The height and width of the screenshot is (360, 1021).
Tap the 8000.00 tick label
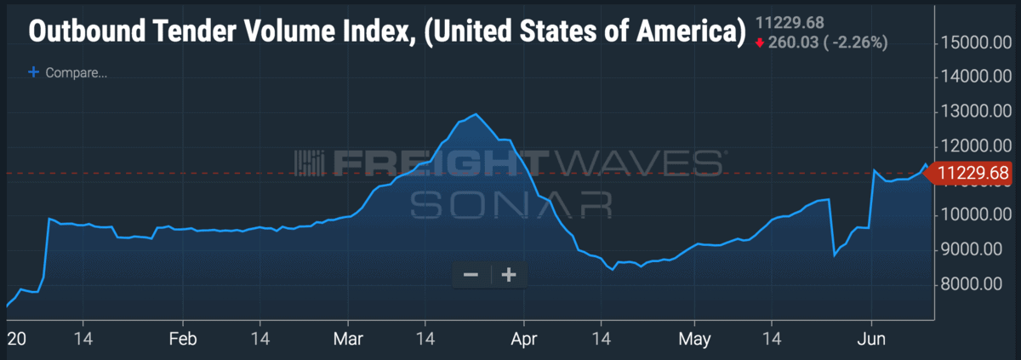pos(975,284)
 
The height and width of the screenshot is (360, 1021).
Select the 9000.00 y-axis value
pos(975,249)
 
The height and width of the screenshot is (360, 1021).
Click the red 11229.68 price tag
pos(973,174)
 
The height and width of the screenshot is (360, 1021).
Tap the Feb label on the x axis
pos(183,339)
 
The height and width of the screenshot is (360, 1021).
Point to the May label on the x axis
pos(694,339)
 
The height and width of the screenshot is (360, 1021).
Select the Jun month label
pos(871,339)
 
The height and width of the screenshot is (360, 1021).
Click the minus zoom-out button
pos(471,275)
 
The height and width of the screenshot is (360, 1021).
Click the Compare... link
pos(76,73)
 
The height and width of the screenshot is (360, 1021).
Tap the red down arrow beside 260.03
pos(760,43)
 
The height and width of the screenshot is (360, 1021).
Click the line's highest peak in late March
pos(476,114)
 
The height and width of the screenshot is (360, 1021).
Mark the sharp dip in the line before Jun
pos(835,254)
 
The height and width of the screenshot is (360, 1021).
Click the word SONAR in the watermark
pos(510,204)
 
